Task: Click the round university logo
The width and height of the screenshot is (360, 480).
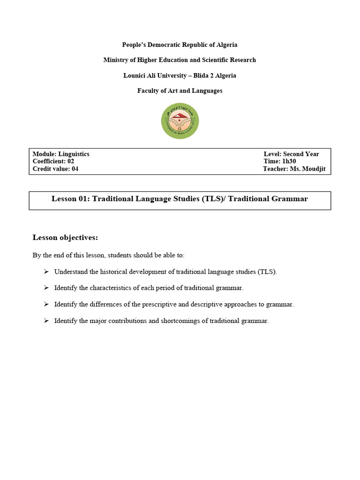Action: pyautogui.click(x=180, y=121)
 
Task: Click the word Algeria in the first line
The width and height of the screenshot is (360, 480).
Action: pyautogui.click(x=226, y=45)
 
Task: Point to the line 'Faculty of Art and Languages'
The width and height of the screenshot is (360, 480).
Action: pyautogui.click(x=180, y=90)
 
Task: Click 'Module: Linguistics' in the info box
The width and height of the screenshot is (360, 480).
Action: pyautogui.click(x=61, y=154)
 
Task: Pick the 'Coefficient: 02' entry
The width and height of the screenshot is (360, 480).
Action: pyautogui.click(x=53, y=161)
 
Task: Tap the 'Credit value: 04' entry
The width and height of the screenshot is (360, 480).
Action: pyautogui.click(x=55, y=169)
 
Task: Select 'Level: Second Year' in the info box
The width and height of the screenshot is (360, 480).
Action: pyautogui.click(x=291, y=154)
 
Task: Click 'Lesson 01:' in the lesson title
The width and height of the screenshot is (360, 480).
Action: pyautogui.click(x=70, y=199)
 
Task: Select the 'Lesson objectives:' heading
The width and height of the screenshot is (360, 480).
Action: pyautogui.click(x=65, y=238)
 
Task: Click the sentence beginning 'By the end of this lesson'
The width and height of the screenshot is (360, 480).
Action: pyautogui.click(x=108, y=255)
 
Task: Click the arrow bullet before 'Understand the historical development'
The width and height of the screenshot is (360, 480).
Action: pyautogui.click(x=46, y=271)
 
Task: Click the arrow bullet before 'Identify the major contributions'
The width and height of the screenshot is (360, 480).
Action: pyautogui.click(x=46, y=321)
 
